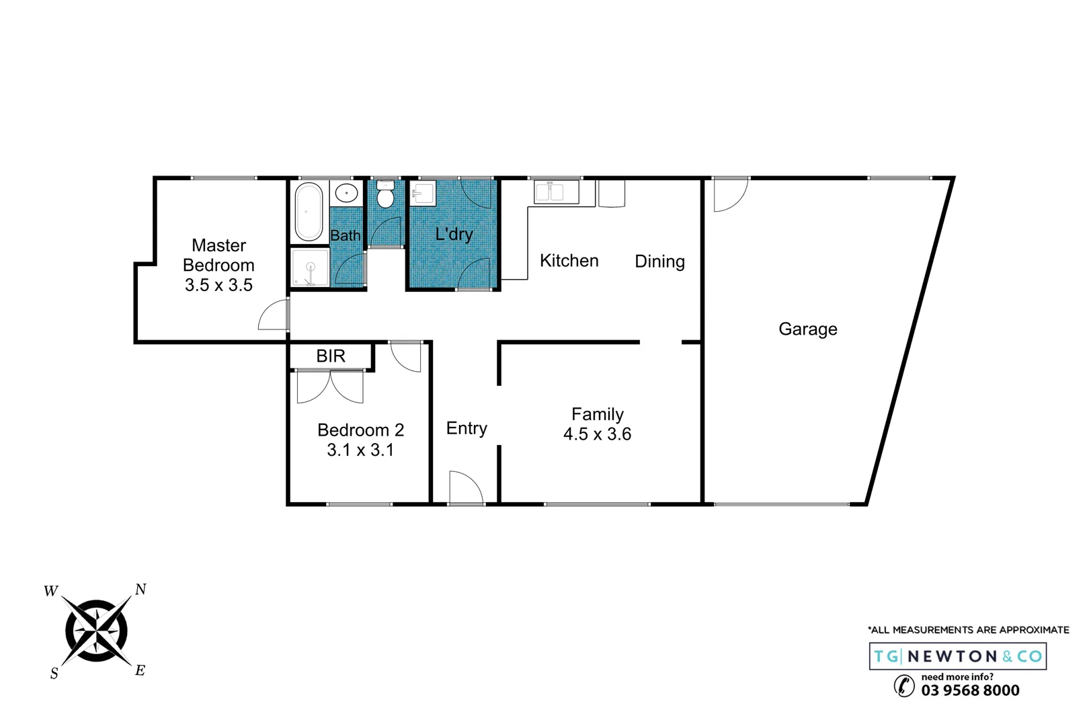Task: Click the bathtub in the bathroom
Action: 309,211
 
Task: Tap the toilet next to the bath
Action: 385,196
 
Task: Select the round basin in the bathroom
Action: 346,194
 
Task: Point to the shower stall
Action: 310,268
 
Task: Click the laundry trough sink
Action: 423,193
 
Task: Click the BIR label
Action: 331,356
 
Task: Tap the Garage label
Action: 807,329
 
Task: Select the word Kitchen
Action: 569,261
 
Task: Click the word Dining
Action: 659,261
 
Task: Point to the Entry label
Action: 467,429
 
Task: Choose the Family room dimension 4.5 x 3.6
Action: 597,434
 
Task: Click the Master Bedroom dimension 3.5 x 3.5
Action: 218,285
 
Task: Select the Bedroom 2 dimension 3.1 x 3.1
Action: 360,450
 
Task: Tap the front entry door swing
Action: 465,487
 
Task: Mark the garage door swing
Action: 730,195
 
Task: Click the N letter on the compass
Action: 140,590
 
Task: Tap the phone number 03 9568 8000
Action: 970,690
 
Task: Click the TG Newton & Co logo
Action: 957,656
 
